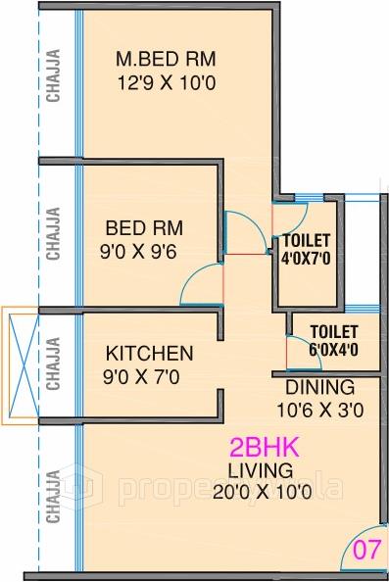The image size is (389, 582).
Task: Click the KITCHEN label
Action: click(150, 353)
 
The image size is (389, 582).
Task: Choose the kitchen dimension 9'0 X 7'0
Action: click(150, 374)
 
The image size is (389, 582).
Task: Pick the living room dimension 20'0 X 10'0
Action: click(264, 494)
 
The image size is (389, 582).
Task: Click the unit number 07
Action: click(365, 551)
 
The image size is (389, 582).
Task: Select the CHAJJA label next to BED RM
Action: click(53, 232)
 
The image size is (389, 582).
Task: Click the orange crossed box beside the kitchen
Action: click(20, 365)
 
